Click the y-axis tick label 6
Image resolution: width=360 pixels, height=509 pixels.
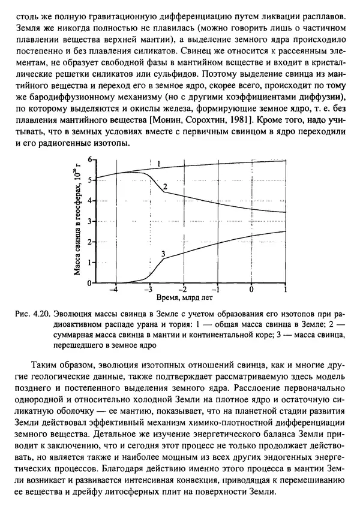pos(91,159)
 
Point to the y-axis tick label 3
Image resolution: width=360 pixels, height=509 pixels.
pos(91,221)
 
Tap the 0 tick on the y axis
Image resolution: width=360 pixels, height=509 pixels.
pos(91,283)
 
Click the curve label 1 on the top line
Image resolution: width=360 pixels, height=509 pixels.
pos(158,164)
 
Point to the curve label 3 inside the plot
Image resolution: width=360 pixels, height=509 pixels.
pos(163,255)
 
